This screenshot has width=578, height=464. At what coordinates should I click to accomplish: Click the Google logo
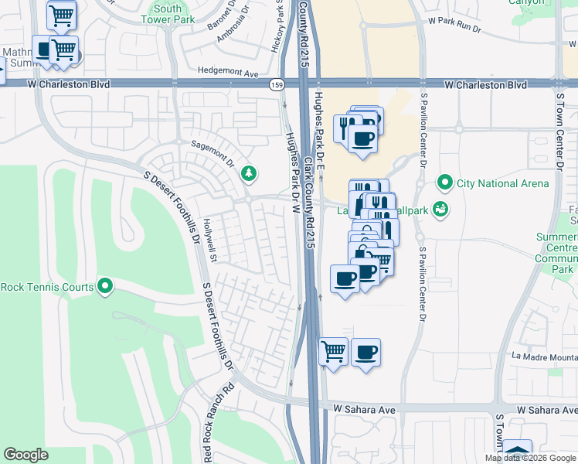pyautogui.click(x=25, y=455)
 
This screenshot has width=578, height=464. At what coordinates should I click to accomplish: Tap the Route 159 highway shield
pyautogui.click(x=276, y=84)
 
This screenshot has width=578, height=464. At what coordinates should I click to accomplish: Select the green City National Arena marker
pyautogui.click(x=444, y=183)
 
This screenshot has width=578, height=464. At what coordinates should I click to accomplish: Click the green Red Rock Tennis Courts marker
pyautogui.click(x=104, y=287)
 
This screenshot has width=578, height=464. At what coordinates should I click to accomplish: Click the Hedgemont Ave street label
pyautogui.click(x=228, y=71)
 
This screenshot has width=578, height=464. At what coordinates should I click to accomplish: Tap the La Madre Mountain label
pyautogui.click(x=544, y=357)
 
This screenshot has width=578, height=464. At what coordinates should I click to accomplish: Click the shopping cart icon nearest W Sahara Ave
pyautogui.click(x=333, y=351)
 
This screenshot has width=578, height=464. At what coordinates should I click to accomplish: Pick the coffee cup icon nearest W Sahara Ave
pyautogui.click(x=366, y=351)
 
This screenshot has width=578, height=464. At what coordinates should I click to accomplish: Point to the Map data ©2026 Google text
pyautogui.click(x=529, y=458)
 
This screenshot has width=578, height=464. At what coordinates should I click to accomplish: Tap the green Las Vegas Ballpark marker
pyautogui.click(x=440, y=208)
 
